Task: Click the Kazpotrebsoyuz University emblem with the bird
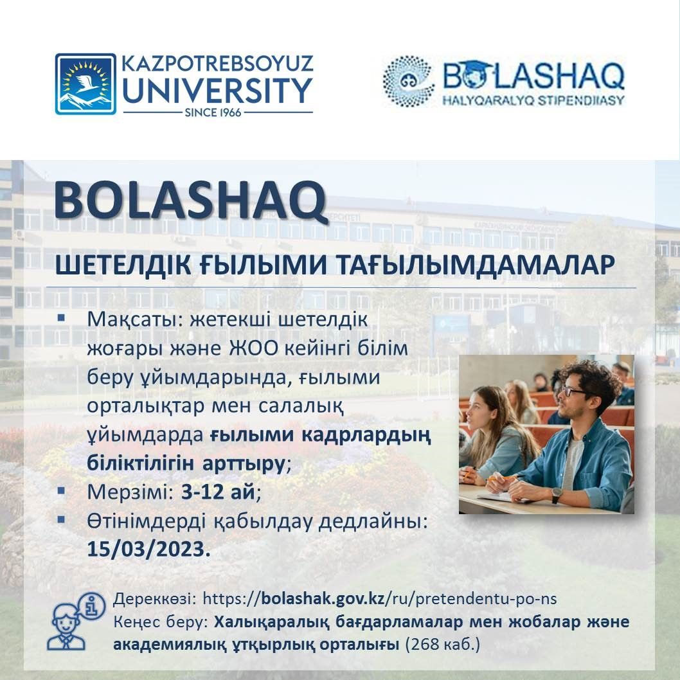tap(85, 84)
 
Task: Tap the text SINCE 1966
tap(213, 112)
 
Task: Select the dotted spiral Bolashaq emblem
tap(409, 81)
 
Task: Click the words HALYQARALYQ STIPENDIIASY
tap(533, 101)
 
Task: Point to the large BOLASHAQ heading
tap(190, 201)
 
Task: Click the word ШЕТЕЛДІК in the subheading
tap(123, 264)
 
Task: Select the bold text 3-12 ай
tap(218, 491)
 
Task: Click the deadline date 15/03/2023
tap(148, 549)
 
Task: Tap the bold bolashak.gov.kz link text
tap(323, 598)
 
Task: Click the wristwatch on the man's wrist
tap(557, 494)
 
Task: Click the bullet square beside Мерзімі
tap(61, 490)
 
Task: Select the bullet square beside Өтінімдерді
tap(61, 519)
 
